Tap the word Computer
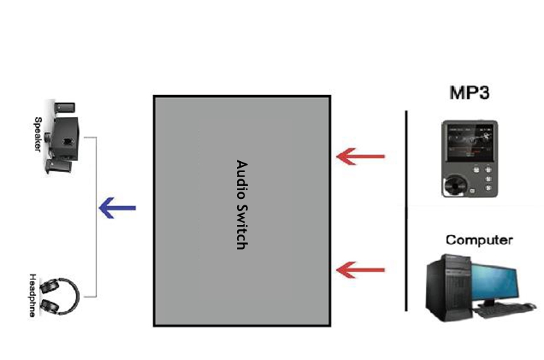click(x=479, y=240)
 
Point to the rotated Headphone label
click(x=33, y=295)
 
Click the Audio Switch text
click(x=242, y=205)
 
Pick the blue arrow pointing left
click(x=117, y=209)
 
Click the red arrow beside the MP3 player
click(x=361, y=155)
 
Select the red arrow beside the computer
click(x=361, y=270)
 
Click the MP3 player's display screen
click(x=469, y=143)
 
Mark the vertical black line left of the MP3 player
click(x=405, y=210)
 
